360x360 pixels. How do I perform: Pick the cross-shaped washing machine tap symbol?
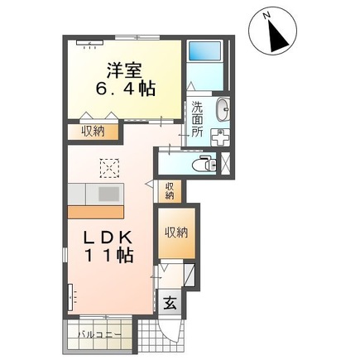(222, 137)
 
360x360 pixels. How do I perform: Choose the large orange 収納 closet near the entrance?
(175, 233)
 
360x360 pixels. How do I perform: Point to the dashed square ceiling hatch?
(109, 166)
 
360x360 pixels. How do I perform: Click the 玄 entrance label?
(170, 302)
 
